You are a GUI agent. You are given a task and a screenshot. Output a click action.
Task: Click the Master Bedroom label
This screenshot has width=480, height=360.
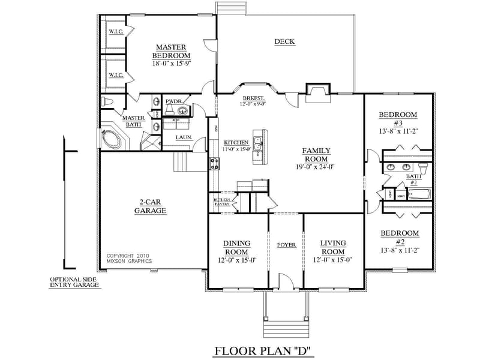tap(171, 51)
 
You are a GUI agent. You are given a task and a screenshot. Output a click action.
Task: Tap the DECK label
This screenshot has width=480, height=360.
tap(285, 41)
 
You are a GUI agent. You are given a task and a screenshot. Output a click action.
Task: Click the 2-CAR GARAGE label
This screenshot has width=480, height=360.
tap(149, 206)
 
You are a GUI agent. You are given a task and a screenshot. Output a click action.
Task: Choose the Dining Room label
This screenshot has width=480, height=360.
tap(236, 247)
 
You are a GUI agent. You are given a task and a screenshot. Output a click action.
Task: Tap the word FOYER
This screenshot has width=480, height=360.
tap(286, 245)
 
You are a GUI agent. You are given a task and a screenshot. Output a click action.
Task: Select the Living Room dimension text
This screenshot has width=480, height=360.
tap(332, 260)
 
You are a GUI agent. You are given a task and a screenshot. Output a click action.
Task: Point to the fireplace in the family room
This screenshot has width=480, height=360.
tap(316, 90)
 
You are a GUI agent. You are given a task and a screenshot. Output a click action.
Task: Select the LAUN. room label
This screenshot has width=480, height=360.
tap(184, 137)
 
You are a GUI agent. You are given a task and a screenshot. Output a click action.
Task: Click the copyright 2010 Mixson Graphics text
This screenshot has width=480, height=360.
tap(129, 258)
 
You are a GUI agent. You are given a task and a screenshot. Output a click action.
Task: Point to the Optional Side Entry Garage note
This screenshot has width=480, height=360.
tap(75, 282)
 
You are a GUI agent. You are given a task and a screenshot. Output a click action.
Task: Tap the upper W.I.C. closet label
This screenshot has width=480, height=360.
tap(115, 31)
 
